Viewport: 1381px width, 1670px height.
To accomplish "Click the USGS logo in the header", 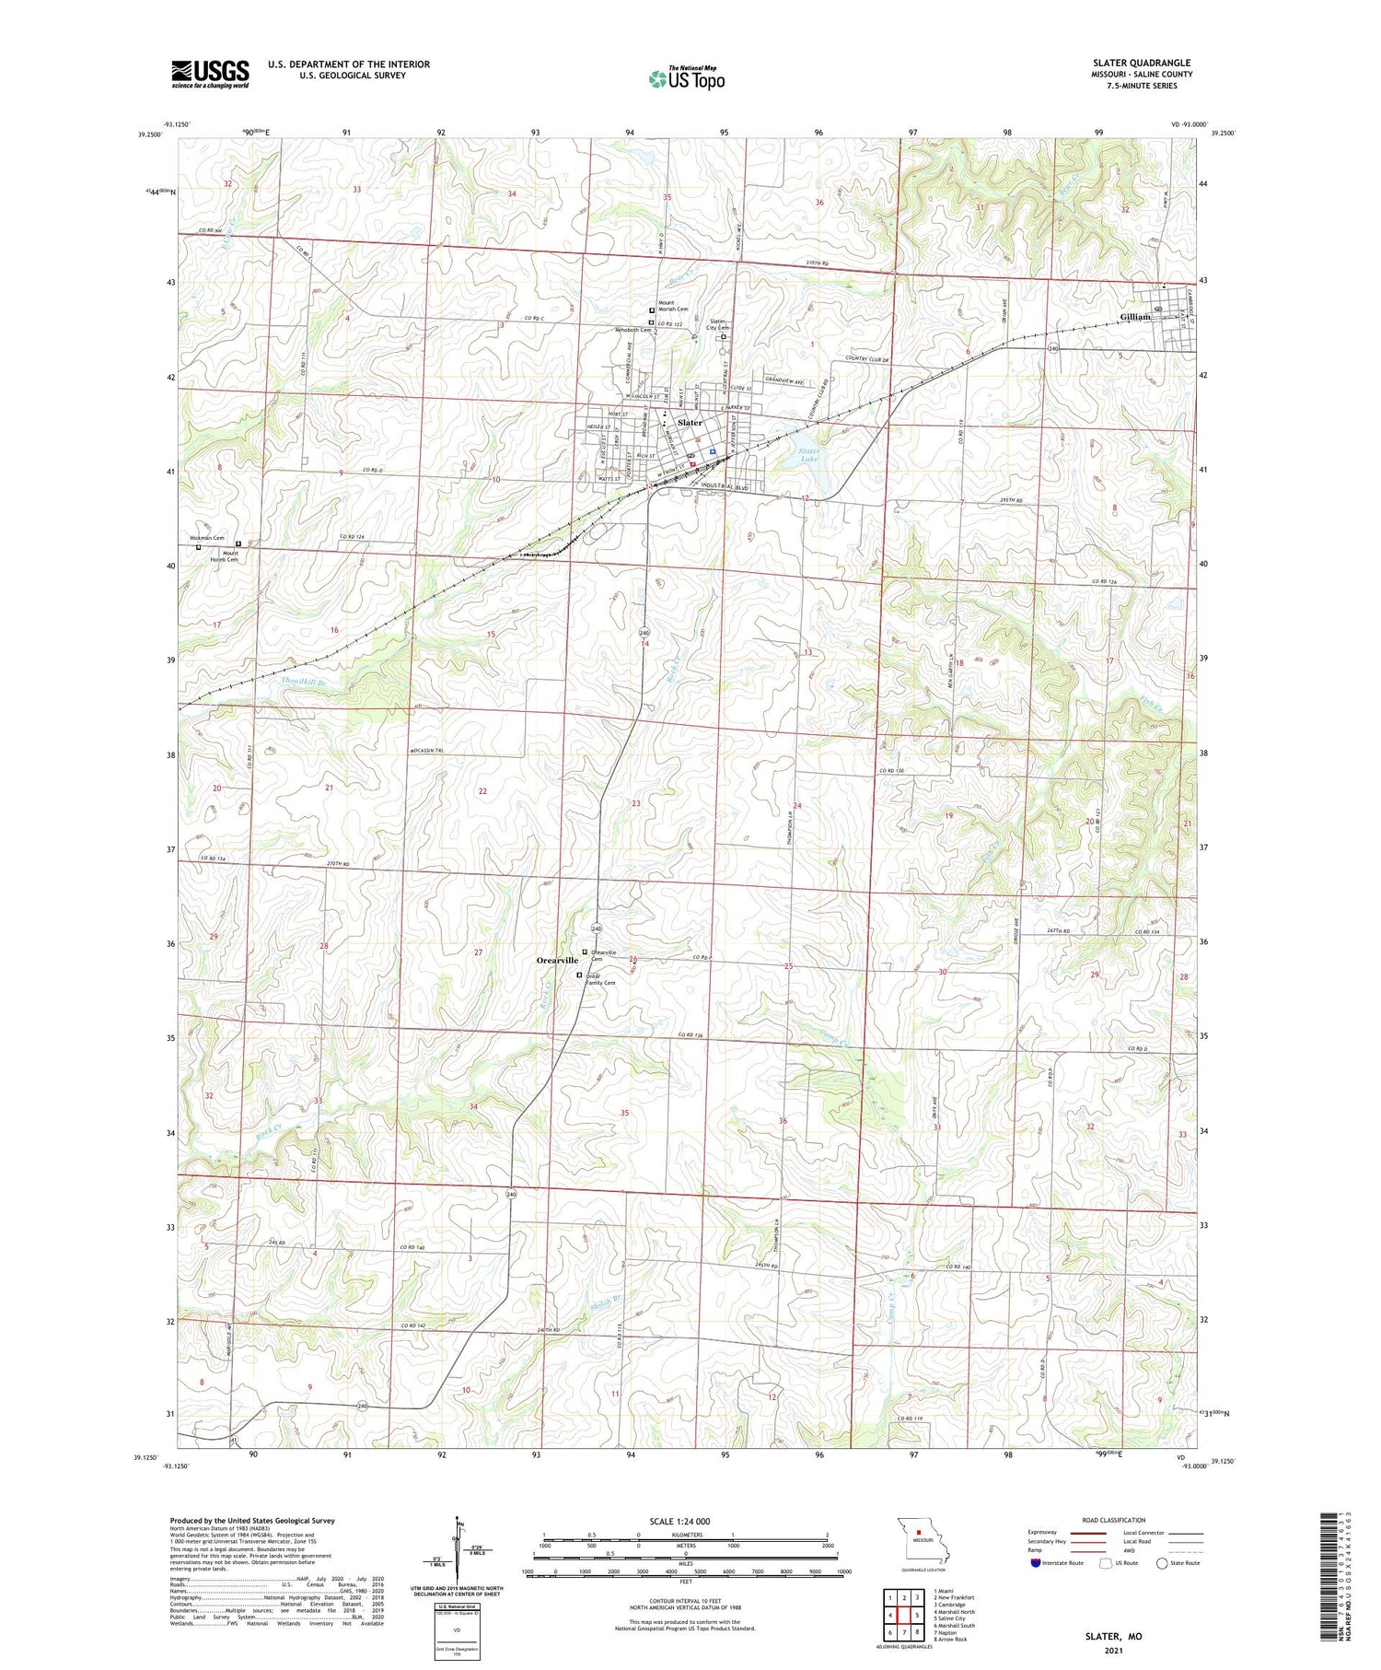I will point(210,74).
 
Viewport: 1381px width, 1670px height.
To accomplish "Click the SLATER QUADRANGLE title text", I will point(1138,63).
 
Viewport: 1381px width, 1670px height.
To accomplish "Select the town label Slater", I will point(690,423).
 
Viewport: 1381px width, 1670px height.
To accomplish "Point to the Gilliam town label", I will point(1135,317).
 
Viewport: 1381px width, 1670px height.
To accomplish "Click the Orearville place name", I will point(557,960).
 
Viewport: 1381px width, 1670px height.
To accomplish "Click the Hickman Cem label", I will point(207,538).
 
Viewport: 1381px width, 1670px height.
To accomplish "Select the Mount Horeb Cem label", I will point(225,556).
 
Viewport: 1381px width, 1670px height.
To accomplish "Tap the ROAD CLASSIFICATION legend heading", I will point(1113,1520).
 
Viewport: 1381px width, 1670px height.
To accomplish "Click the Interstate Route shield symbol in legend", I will point(1036,1562).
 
